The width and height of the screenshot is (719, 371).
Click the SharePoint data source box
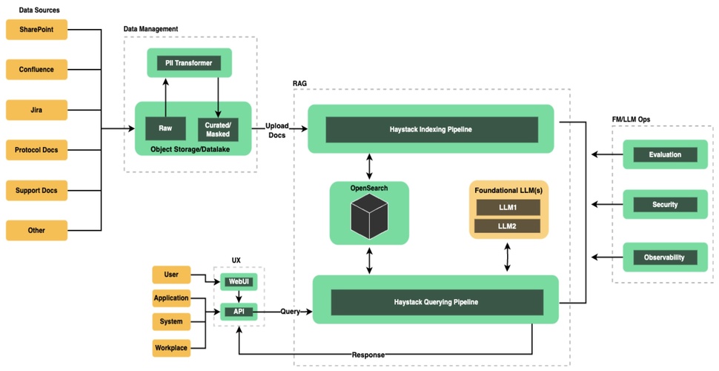point(36,30)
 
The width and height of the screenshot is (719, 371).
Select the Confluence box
point(36,70)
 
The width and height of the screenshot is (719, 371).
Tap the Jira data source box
point(36,110)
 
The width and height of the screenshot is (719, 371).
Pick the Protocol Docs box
point(36,150)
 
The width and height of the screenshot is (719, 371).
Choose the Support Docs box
point(36,190)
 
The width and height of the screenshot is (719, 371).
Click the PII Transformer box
point(189,63)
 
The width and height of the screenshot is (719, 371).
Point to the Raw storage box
point(165,128)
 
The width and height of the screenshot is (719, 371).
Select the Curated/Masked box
point(218,128)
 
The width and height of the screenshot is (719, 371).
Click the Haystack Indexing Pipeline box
point(431,129)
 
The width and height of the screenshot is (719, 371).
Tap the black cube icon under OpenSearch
point(368,218)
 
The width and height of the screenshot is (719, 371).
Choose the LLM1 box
point(507,207)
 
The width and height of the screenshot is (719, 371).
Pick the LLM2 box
point(507,225)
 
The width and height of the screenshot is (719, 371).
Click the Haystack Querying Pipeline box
point(436,302)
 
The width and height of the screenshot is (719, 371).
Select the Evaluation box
point(664,155)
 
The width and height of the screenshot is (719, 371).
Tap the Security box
point(664,204)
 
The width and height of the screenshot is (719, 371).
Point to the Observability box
point(664,258)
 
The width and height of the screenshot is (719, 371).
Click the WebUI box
point(238,282)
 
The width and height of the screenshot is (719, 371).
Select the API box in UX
point(238,312)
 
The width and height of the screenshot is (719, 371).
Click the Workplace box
point(171,347)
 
